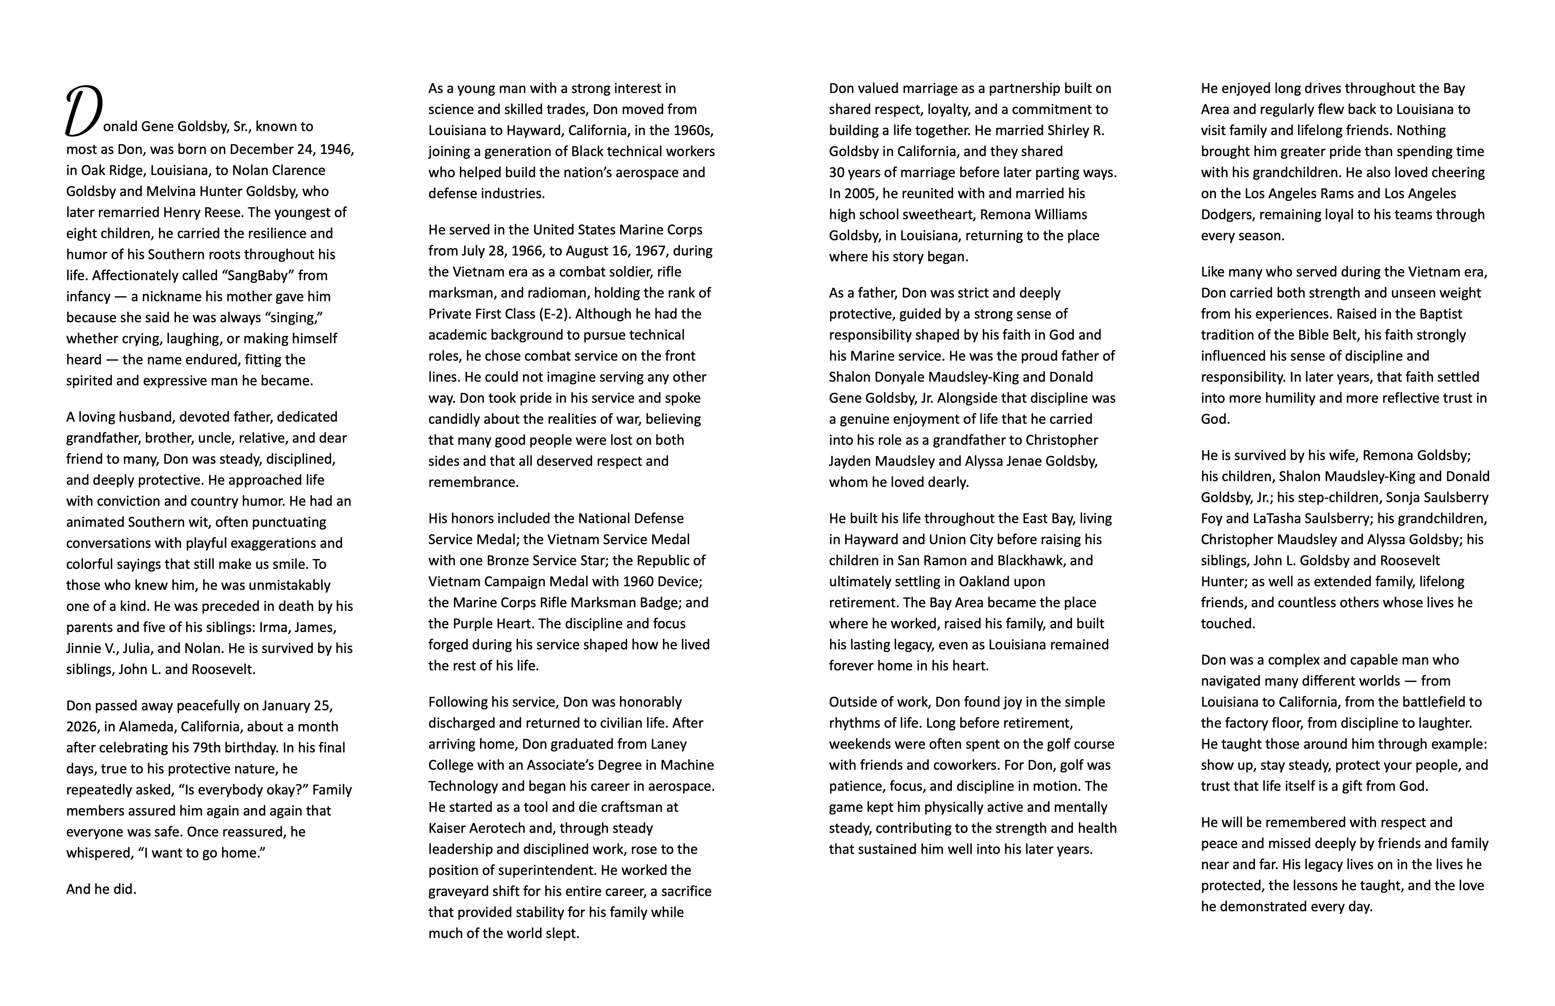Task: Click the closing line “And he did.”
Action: point(101,889)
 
